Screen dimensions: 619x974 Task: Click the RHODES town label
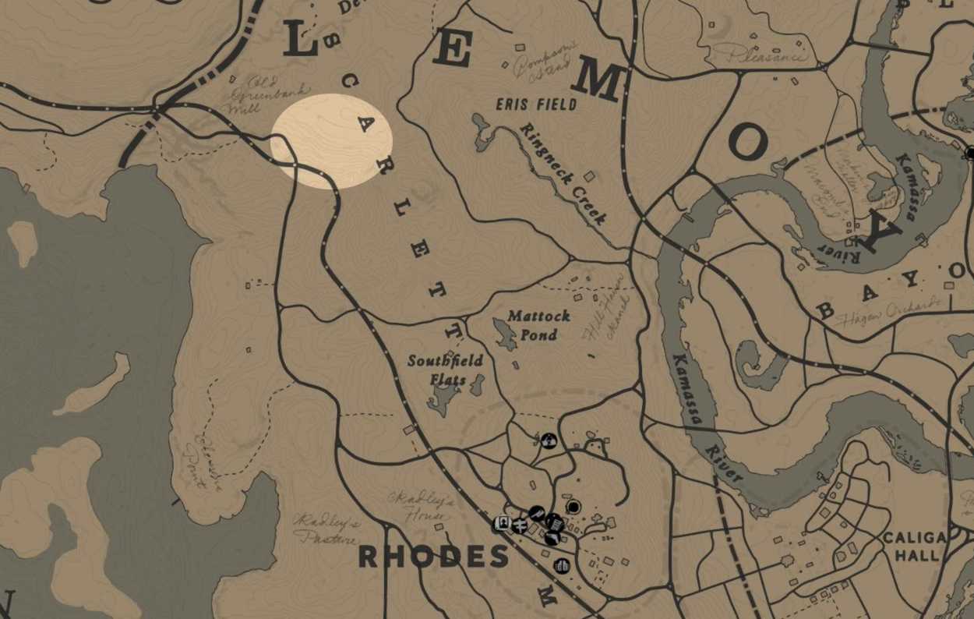coord(432,557)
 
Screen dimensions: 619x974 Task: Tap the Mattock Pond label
coord(538,325)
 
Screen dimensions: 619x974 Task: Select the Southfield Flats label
coord(445,370)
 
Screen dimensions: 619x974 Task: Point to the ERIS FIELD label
coord(538,104)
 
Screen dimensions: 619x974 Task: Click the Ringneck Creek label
coord(563,174)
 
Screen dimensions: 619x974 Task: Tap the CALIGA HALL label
coord(915,546)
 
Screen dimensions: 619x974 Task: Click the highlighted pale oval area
coord(330,141)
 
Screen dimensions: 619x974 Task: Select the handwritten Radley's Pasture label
coord(326,528)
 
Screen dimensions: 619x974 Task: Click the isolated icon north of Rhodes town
coord(549,440)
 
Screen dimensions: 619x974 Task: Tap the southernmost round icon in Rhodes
coord(562,565)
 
